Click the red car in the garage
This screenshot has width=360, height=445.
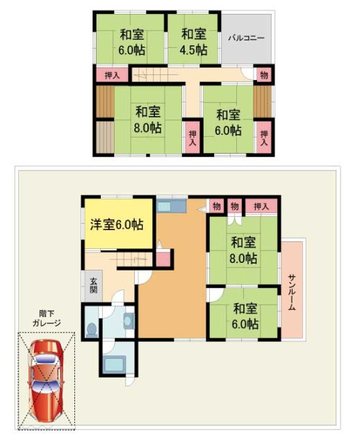tap(46, 380)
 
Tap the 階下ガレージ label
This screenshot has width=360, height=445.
tap(46, 318)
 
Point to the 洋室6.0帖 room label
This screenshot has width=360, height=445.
tap(117, 225)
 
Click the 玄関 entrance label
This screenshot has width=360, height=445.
tap(93, 285)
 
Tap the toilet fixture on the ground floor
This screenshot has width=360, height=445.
tap(92, 327)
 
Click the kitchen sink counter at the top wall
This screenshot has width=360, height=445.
tap(168, 207)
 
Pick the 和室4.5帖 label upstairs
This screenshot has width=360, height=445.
tap(194, 41)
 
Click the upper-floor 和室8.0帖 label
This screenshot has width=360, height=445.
tap(148, 120)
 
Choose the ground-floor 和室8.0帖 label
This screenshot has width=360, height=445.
tap(244, 250)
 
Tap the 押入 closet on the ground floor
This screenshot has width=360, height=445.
tap(261, 206)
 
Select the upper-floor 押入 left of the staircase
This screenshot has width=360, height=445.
tap(112, 74)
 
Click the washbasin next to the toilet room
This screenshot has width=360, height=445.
tap(128, 321)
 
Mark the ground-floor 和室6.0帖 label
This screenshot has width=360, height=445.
tap(245, 316)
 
